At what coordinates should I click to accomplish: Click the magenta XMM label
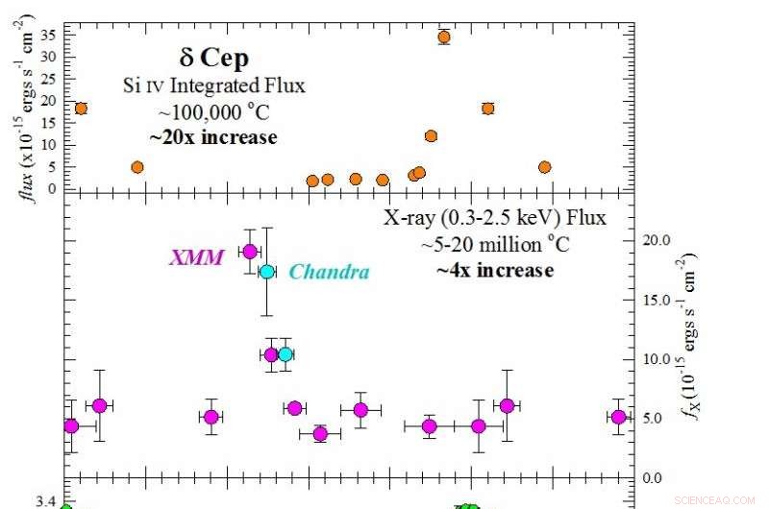pos(196,256)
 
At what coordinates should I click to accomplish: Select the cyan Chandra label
pos(329,272)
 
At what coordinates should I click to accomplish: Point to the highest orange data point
pos(443,37)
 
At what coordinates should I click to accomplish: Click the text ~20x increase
pos(213,137)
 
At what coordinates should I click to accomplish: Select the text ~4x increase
pos(495,270)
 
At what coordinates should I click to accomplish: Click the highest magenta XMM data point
pos(250,252)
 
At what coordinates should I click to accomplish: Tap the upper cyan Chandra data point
pos(267,272)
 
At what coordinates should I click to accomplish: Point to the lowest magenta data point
pos(320,434)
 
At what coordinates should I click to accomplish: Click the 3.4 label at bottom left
pos(45,501)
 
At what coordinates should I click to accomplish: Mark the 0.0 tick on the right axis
pos(654,478)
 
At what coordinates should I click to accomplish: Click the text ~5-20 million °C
pos(495,245)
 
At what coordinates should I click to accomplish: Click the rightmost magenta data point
pos(618,417)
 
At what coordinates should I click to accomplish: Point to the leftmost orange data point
pos(81,109)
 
